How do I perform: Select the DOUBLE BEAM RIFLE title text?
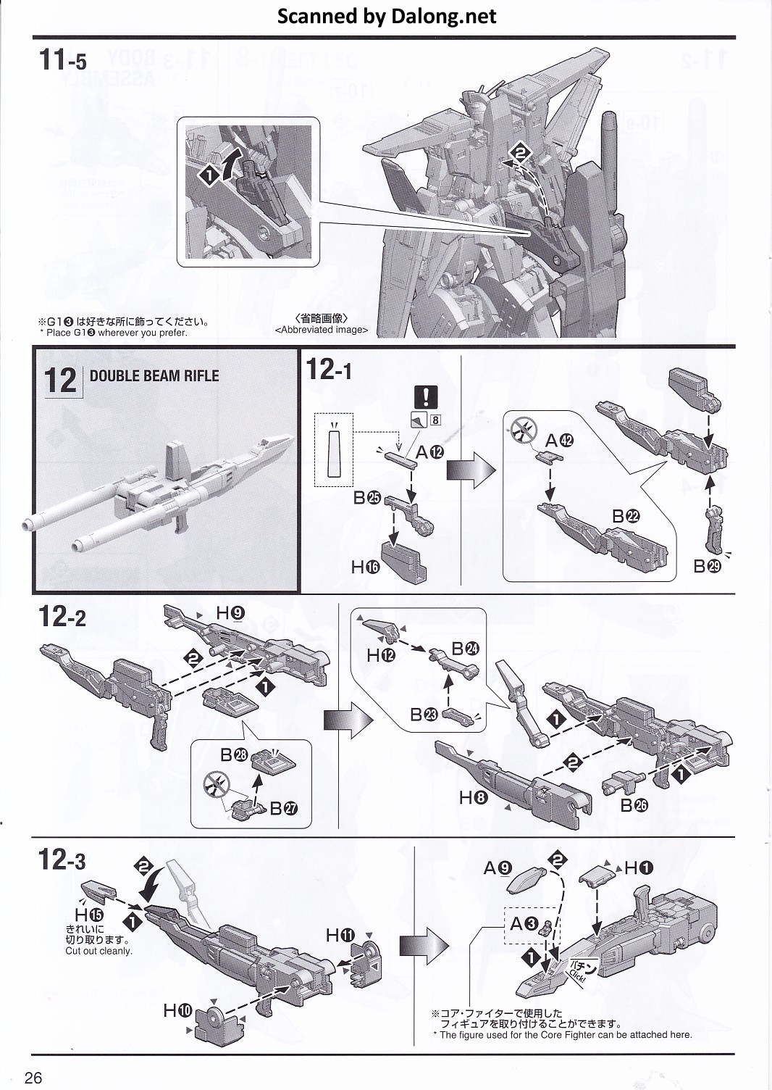pos(154,375)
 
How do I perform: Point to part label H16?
pos(366,567)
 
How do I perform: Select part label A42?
pos(558,441)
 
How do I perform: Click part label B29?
pos(707,567)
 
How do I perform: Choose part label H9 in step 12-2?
pos(230,614)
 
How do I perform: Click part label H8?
pos(473,798)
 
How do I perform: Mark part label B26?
pos(634,804)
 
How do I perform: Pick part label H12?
pos(381,655)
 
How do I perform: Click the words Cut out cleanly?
pos(98,951)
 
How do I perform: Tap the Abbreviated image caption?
pos(322,329)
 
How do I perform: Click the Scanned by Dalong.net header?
pos(387,16)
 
